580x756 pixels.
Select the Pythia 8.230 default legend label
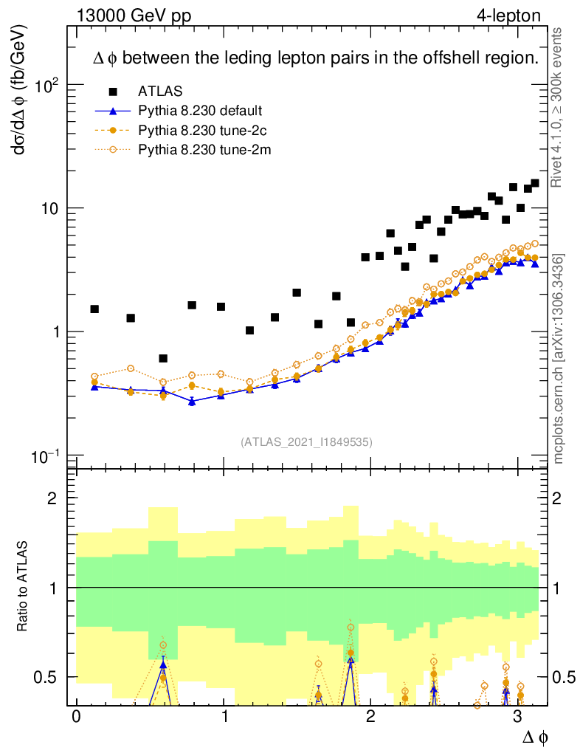tap(199, 111)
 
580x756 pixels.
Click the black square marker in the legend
tap(113, 92)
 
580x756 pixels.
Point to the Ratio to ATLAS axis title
tap(24, 587)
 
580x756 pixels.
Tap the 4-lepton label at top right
tap(508, 15)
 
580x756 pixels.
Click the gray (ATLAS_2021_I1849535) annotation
tap(306, 442)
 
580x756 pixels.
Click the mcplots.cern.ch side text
tap(559, 359)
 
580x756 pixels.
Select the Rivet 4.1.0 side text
tap(559, 107)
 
